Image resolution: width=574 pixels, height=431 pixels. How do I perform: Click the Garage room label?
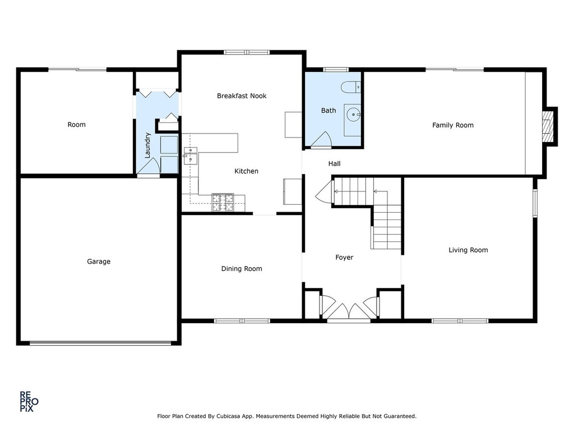[x=99, y=262]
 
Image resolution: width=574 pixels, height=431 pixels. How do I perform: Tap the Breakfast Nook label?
[x=242, y=96]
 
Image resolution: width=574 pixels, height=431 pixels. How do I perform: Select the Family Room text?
[x=453, y=125]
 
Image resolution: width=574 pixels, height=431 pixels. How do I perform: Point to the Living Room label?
[x=468, y=250]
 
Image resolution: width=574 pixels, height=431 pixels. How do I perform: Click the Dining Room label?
[x=242, y=269]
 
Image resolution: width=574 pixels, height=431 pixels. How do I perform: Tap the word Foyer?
[x=345, y=258]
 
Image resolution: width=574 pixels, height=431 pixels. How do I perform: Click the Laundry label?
[x=147, y=145]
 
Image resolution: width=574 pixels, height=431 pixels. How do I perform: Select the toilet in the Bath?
[x=351, y=87]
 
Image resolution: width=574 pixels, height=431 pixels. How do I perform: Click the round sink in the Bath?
[x=354, y=114]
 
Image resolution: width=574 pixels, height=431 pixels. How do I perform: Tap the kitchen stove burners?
[x=223, y=203]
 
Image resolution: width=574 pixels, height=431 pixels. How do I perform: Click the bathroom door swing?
[x=321, y=140]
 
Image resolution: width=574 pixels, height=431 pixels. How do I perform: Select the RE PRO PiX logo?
[x=29, y=402]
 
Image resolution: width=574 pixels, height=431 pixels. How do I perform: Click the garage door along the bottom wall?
[x=100, y=343]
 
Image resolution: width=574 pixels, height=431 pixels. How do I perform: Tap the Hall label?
[x=334, y=164]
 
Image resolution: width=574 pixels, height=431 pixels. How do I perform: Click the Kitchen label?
[x=247, y=171]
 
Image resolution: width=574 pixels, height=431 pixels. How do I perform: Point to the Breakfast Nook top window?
[x=247, y=52]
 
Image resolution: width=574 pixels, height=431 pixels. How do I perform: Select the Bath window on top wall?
[x=336, y=69]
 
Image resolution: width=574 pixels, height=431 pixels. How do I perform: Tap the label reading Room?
[x=76, y=125]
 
